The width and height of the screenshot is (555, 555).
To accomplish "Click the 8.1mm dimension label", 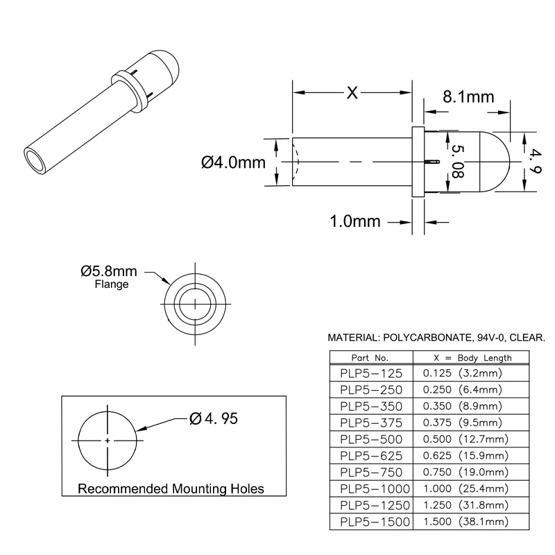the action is [468, 96].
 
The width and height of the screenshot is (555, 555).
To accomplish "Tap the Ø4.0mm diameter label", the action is [233, 162].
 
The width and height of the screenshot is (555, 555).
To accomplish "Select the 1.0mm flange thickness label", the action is [355, 221].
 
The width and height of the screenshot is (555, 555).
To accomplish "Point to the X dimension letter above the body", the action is [352, 93].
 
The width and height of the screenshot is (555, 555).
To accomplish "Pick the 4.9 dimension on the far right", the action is [535, 161].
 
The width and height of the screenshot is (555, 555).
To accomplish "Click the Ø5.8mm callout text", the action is [109, 271].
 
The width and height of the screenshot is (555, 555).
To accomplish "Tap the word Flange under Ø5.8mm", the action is [112, 284].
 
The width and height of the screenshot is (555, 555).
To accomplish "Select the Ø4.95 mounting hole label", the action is [214, 419].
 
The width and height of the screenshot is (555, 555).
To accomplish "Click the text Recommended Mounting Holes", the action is [171, 489].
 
